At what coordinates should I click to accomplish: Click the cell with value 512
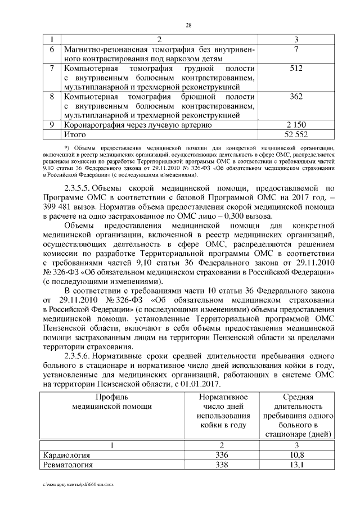[297, 69]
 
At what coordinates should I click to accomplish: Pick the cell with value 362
[297, 97]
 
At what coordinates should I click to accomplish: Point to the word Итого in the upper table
[76, 134]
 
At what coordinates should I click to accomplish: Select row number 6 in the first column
[52, 49]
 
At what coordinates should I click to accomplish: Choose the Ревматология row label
[69, 465]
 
